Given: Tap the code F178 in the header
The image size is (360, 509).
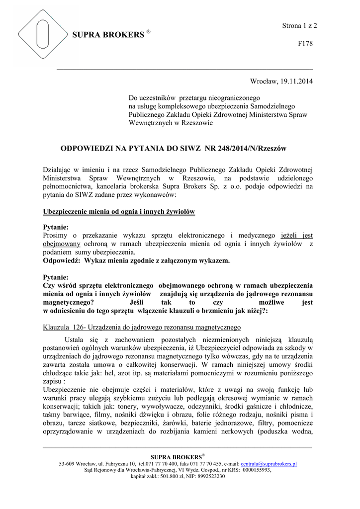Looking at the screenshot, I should pyautogui.click(x=305, y=44).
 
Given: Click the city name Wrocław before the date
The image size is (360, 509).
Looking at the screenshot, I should pyautogui.click(x=262, y=81).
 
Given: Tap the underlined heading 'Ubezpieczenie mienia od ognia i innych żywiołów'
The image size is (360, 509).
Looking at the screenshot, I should pyautogui.click(x=119, y=212).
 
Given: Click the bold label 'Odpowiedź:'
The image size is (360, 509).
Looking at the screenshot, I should pyautogui.click(x=62, y=260).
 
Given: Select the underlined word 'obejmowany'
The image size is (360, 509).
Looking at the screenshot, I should pyautogui.click(x=62, y=244).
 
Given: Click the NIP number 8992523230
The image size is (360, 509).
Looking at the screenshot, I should pyautogui.click(x=209, y=476).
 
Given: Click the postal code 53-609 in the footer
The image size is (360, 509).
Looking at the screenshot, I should pyautogui.click(x=67, y=464).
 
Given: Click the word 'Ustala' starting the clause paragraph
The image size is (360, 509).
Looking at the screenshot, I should pyautogui.click(x=69, y=339).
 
